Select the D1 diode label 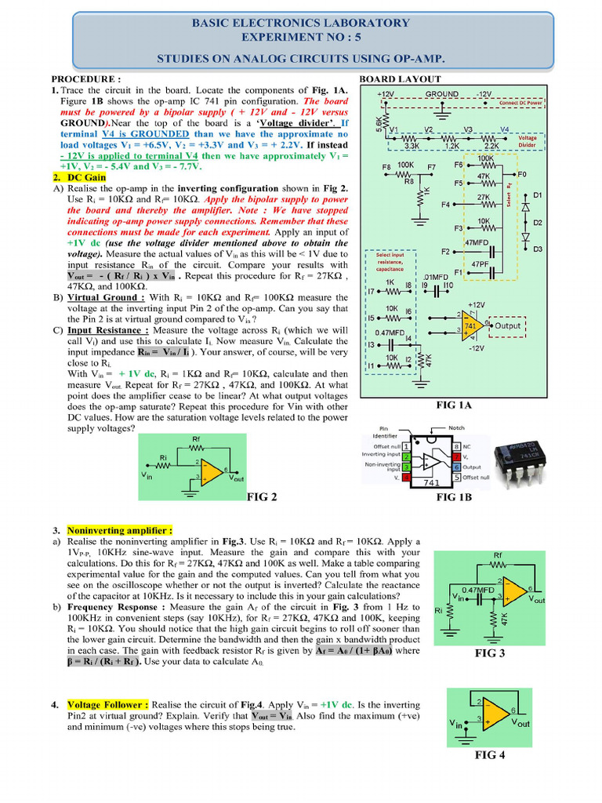537,194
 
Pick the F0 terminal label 523,173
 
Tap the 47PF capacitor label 479,265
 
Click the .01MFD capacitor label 435,276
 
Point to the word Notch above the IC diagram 456,428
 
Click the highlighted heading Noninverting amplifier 119,530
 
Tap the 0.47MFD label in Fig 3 477,590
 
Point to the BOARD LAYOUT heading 400,79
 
